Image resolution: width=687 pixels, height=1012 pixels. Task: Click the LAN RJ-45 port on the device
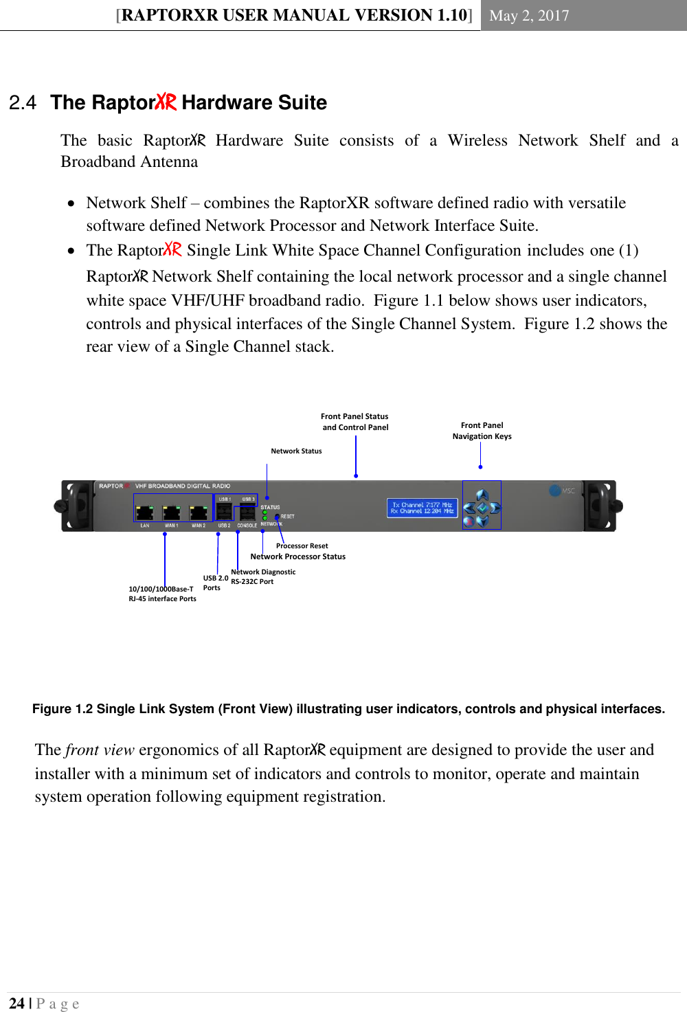point(144,513)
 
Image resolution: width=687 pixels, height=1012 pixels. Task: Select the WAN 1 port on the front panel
point(171,513)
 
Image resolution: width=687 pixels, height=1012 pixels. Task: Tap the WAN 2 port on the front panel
point(198,513)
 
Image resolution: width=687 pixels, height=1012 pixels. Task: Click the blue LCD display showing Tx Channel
point(422,508)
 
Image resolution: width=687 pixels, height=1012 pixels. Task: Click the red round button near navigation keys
point(469,521)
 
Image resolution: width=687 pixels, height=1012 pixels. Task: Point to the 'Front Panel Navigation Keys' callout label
point(482,431)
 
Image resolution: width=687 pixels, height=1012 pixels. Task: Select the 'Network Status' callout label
point(296,451)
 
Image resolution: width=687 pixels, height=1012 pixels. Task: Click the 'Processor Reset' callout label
point(302,546)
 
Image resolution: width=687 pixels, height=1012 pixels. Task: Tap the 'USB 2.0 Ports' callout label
point(215,583)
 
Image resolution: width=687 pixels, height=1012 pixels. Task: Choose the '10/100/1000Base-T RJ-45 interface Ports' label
point(162,594)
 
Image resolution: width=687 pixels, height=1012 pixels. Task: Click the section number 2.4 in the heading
point(23,103)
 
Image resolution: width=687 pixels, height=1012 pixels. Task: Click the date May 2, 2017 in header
point(529,16)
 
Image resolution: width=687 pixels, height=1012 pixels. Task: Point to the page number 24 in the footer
point(16,1003)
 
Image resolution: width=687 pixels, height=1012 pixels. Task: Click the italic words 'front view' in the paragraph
point(100,750)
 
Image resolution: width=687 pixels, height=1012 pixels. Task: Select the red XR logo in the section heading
point(166,102)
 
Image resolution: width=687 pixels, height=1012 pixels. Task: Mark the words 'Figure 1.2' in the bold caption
point(63,709)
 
